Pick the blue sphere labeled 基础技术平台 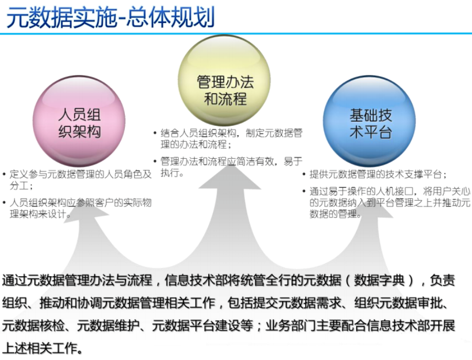click(x=370, y=122)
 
